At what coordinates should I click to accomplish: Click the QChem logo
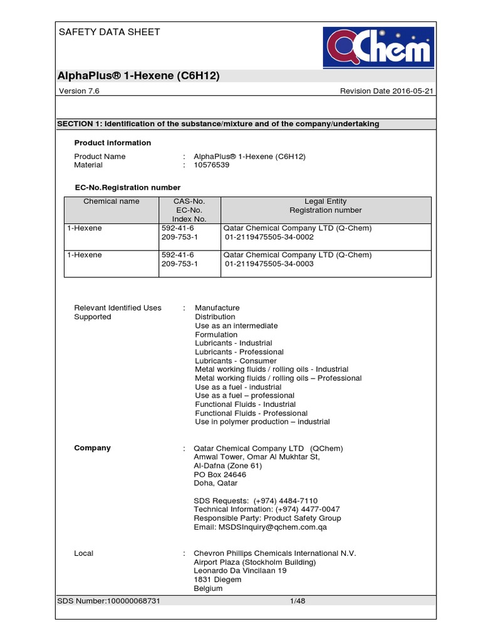(378, 47)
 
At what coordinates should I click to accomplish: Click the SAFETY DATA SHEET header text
(109, 32)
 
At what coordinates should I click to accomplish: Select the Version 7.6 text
(79, 91)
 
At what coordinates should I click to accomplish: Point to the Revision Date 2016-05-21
(387, 91)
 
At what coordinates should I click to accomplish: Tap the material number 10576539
(212, 165)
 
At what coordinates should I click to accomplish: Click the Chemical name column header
(111, 202)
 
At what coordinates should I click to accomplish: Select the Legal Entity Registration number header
(325, 206)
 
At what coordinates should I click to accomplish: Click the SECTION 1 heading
(218, 124)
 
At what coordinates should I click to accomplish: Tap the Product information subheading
(113, 143)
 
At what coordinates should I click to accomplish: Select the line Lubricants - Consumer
(235, 361)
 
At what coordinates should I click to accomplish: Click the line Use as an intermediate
(236, 326)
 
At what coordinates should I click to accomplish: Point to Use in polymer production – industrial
(262, 422)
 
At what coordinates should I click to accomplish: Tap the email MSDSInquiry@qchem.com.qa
(260, 527)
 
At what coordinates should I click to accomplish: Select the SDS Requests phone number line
(256, 501)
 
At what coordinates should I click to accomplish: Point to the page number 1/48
(297, 601)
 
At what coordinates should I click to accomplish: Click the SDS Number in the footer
(109, 601)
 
